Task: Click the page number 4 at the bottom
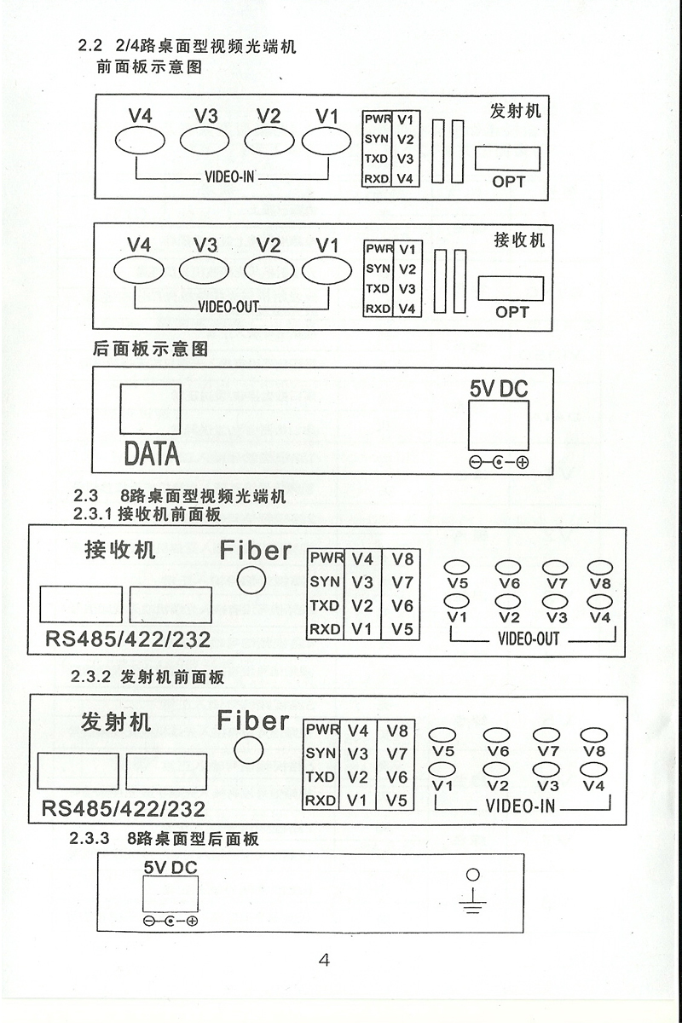[x=324, y=959]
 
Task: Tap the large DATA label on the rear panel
[x=152, y=453]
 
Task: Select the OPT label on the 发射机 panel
[x=509, y=181]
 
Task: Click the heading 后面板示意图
[x=149, y=349]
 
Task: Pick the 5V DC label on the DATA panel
[x=499, y=389]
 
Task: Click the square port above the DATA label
[x=149, y=408]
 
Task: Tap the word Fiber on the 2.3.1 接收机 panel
[x=256, y=550]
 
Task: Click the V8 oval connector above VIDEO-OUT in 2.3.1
[x=599, y=568]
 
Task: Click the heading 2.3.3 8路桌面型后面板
[x=165, y=839]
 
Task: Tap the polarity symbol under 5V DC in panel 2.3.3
[x=170, y=922]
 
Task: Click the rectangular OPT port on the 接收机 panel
[x=510, y=288]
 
